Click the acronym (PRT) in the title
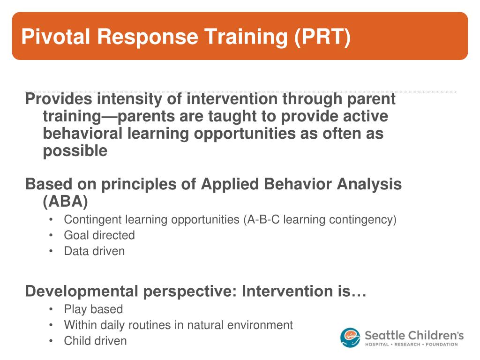coord(322,37)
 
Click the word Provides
coord(59,99)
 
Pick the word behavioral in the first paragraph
coord(82,134)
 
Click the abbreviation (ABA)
coord(65,202)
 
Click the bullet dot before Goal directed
coord(51,235)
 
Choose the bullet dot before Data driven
coord(51,251)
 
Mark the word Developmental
coord(82,291)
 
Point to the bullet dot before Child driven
coord(51,341)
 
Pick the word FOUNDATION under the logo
coord(442,345)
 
